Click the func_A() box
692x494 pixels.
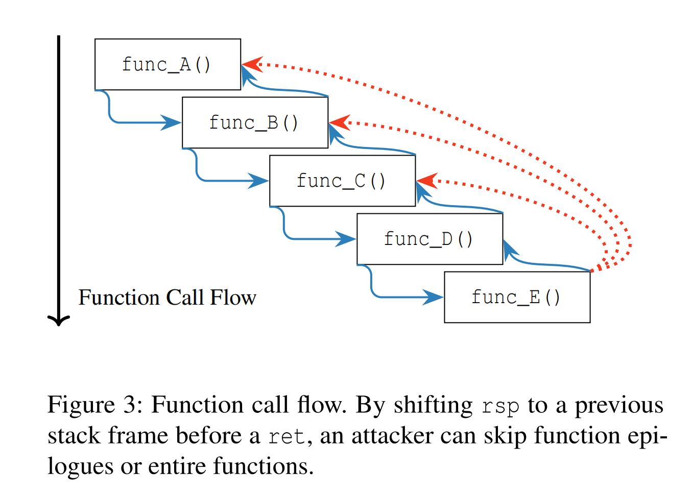point(168,64)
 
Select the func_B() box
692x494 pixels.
point(255,122)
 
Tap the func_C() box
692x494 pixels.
point(342,181)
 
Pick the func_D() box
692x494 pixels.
point(429,239)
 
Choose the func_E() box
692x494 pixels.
point(517,297)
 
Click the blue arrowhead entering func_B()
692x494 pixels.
point(173,122)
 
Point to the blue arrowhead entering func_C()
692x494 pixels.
point(260,181)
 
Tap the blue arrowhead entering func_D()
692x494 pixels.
point(347,239)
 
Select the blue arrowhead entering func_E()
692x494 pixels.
point(435,297)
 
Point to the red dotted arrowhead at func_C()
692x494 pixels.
point(425,181)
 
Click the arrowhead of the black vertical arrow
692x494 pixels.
point(59,320)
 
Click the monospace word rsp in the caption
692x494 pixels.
point(500,406)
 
